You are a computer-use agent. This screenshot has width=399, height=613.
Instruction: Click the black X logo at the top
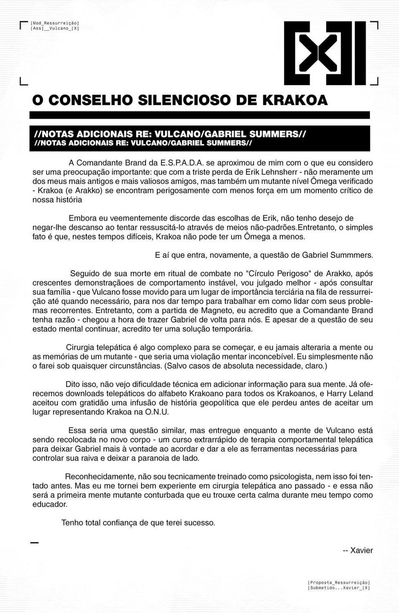coord(325,53)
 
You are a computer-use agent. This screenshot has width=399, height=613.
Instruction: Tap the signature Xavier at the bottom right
coord(361,550)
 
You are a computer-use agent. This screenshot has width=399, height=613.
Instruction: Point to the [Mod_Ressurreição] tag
coord(54,23)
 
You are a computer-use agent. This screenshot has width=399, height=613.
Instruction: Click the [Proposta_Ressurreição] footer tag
coord(339,582)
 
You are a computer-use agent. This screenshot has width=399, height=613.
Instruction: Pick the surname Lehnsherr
coord(274,172)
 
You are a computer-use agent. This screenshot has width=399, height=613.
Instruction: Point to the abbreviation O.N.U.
coord(157,412)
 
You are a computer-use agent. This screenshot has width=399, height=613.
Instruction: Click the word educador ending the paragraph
coord(49,504)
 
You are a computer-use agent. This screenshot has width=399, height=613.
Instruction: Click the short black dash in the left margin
coord(34,543)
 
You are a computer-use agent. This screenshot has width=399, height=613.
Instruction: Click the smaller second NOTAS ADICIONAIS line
coord(143,143)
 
